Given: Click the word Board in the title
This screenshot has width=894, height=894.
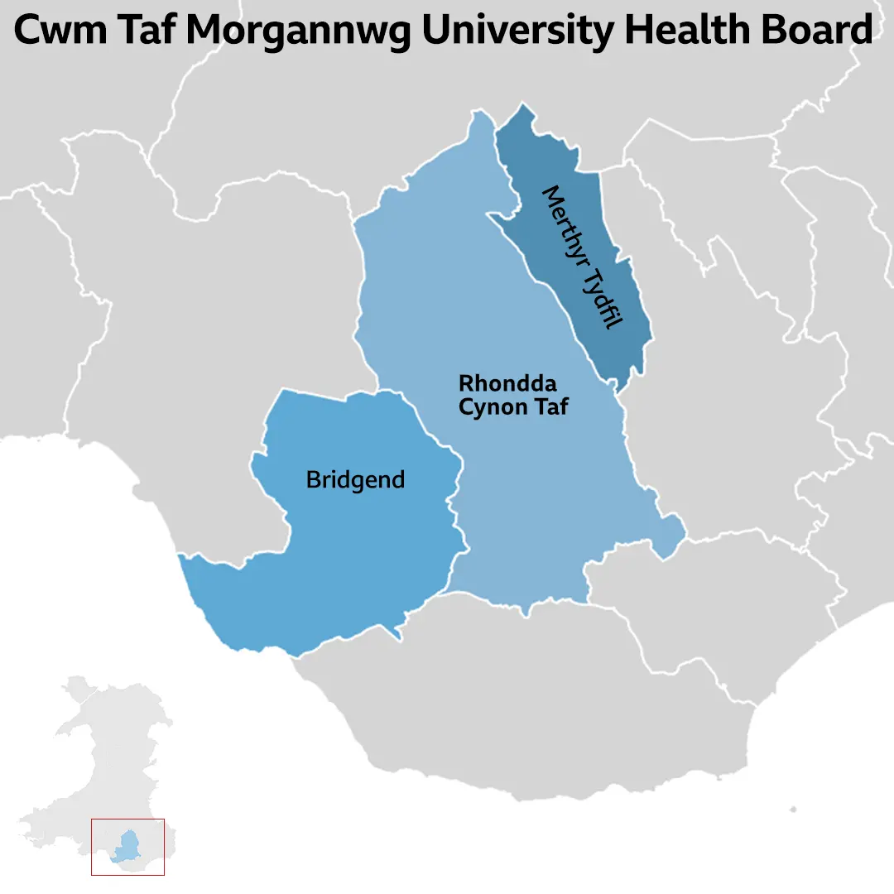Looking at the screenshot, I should (x=819, y=32).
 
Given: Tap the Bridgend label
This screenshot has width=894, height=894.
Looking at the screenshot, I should (x=355, y=480).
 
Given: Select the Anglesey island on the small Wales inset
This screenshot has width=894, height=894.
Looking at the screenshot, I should (x=78, y=686).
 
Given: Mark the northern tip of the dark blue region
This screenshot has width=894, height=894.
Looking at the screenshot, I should (x=521, y=105).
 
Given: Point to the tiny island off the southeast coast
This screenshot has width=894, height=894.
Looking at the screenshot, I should (x=793, y=810).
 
